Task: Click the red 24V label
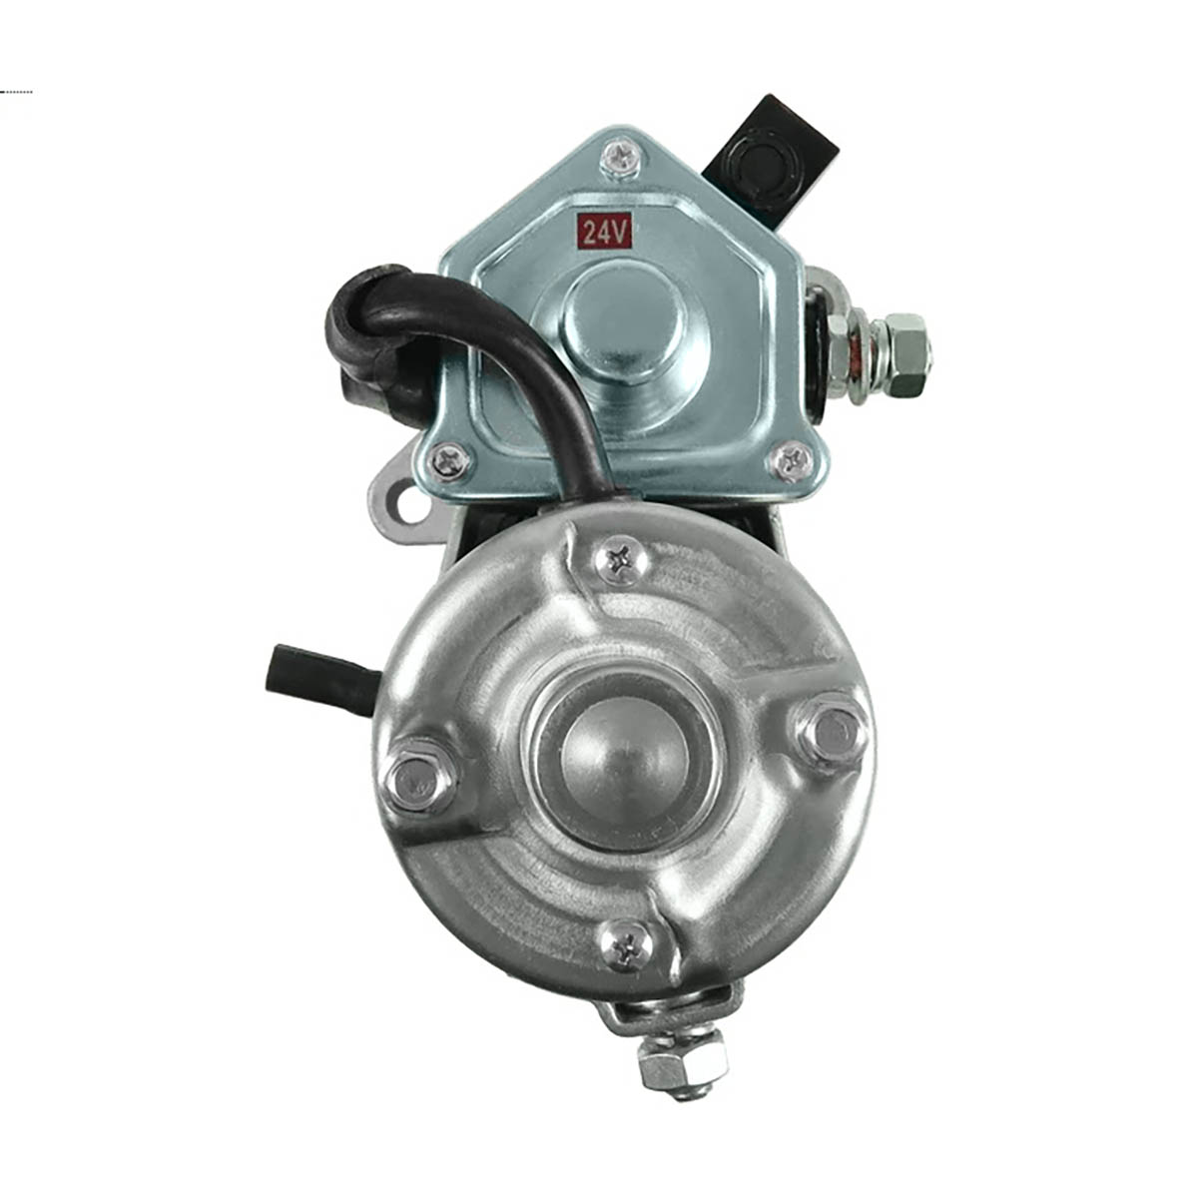pos(605,232)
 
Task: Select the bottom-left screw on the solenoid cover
pos(450,460)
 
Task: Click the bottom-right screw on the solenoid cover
pos(790,460)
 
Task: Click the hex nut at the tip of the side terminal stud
pos(905,355)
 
